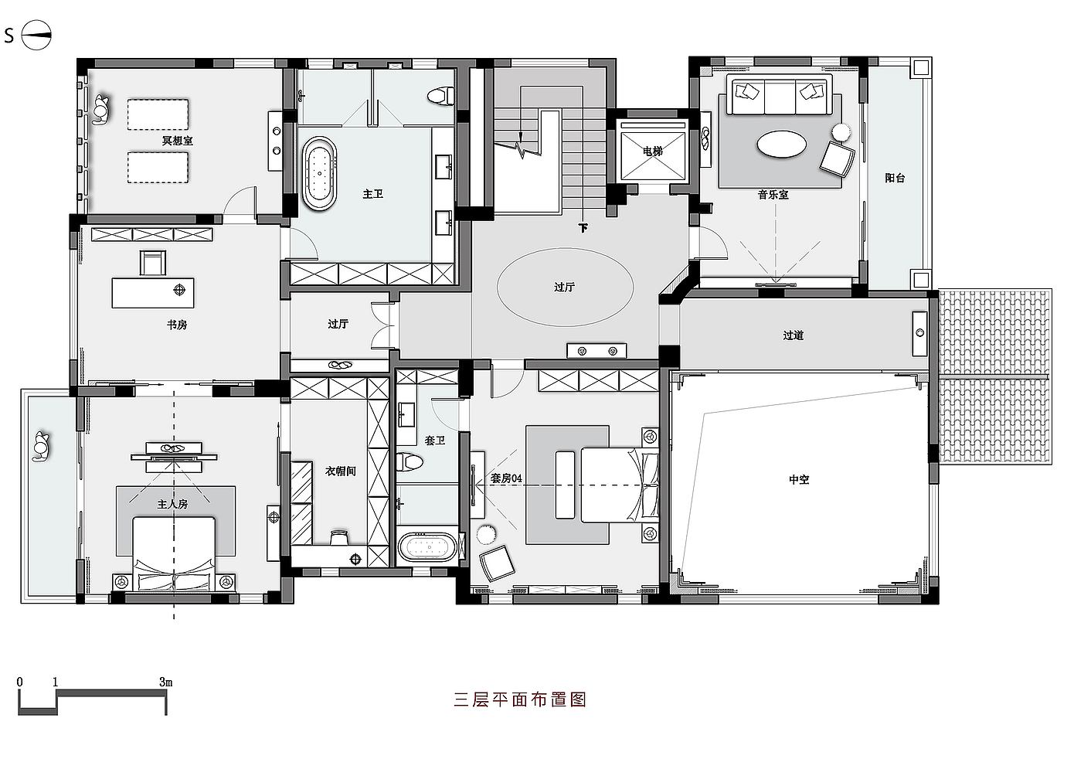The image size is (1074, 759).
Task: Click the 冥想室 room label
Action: (x=177, y=141)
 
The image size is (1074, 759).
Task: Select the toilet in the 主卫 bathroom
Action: (x=438, y=96)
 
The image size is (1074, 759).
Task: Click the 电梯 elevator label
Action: (x=653, y=151)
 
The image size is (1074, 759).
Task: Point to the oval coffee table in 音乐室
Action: (x=780, y=144)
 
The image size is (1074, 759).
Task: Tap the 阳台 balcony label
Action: (x=895, y=178)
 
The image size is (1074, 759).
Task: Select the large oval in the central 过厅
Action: (x=565, y=287)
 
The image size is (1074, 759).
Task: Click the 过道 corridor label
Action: (x=794, y=335)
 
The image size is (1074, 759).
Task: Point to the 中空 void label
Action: (x=799, y=479)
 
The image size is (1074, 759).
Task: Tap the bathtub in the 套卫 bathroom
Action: (x=427, y=547)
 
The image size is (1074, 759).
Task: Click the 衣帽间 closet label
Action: (x=340, y=470)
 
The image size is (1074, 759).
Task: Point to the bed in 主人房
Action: (x=174, y=553)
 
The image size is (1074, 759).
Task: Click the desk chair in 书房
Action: (x=153, y=263)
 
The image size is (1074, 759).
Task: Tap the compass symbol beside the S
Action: (x=36, y=35)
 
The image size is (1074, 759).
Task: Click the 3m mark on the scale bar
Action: (x=165, y=682)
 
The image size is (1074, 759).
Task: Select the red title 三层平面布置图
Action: (x=520, y=699)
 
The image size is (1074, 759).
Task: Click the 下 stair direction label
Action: (x=583, y=228)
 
